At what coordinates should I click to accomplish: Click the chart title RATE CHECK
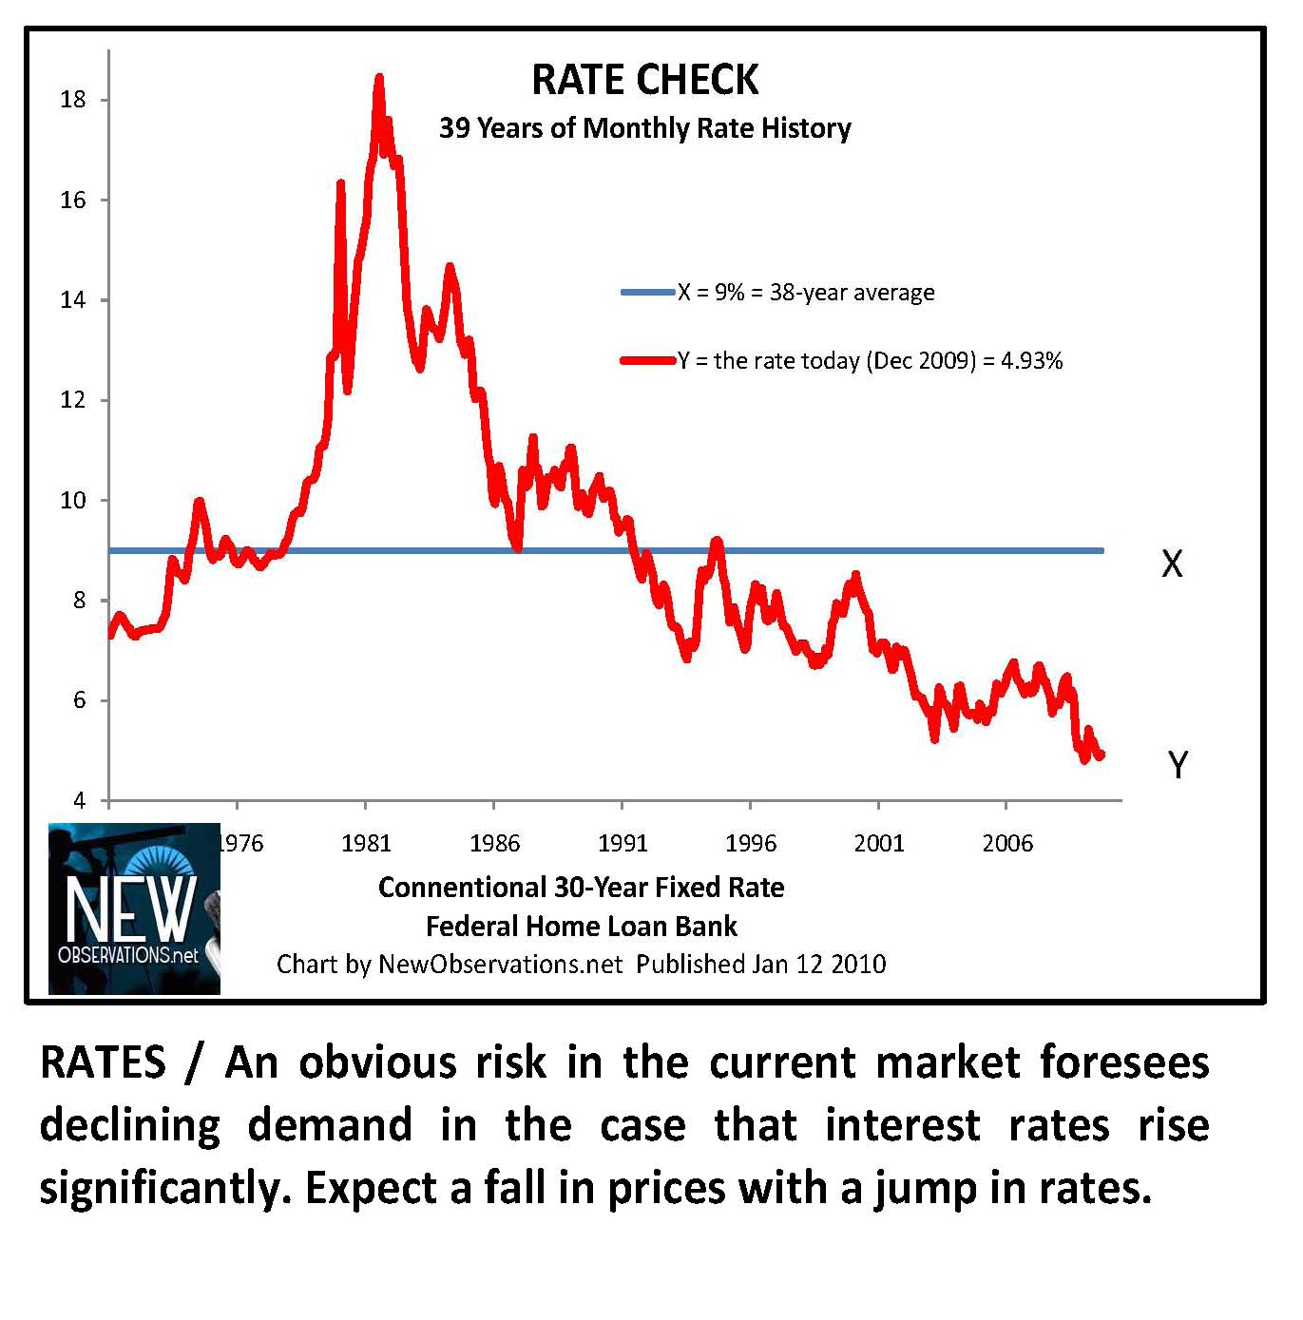644,80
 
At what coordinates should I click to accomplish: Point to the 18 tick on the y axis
73,100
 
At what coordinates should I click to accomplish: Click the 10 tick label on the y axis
73,501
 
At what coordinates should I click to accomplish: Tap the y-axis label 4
80,801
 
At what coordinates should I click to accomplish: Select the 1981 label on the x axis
366,843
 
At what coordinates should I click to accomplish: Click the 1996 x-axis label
751,843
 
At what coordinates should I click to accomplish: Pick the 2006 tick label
1007,843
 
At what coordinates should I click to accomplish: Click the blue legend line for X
647,293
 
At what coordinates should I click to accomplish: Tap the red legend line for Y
647,361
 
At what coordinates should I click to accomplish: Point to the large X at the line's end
1172,564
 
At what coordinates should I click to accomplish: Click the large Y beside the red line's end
1178,764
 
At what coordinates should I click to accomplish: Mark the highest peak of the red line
379,78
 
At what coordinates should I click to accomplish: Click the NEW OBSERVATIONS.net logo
134,909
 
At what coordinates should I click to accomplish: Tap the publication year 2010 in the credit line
858,965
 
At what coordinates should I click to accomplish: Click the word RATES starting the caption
103,1062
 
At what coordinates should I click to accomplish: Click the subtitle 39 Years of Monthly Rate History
644,128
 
